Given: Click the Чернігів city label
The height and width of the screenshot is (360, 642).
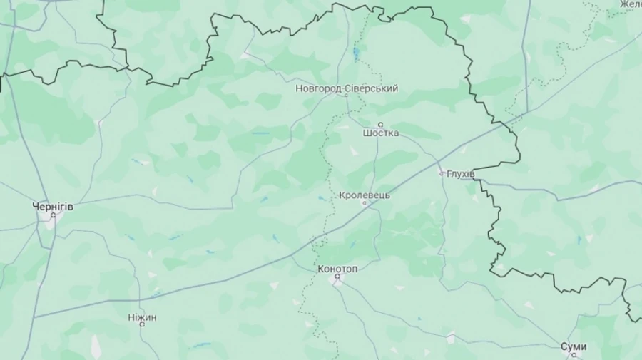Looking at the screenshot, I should (x=53, y=206).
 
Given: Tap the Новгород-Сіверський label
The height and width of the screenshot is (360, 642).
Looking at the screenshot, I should (x=347, y=88).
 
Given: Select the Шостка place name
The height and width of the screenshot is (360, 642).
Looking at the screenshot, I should (x=380, y=133).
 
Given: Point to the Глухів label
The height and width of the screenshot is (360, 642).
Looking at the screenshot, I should (x=460, y=173).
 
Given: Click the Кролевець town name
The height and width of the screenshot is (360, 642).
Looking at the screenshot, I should (x=365, y=195).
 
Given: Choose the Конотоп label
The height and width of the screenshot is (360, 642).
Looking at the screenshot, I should (x=337, y=268).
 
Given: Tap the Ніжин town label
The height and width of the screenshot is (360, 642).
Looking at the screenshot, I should (x=142, y=317).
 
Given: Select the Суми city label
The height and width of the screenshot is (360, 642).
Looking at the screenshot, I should (x=574, y=346).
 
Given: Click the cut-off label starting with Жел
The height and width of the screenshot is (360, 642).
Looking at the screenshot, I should (x=631, y=5).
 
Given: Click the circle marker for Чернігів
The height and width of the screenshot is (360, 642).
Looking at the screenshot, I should (x=53, y=215).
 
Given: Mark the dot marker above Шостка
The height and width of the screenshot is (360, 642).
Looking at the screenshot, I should (x=380, y=125).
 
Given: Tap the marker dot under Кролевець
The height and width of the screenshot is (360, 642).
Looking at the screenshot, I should (x=365, y=203).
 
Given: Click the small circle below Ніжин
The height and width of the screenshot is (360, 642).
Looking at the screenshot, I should (x=142, y=325).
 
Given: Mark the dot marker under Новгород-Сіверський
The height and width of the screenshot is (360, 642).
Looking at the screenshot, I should (x=347, y=97).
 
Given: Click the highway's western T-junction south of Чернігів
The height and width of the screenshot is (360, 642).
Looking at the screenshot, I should (x=34, y=316).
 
